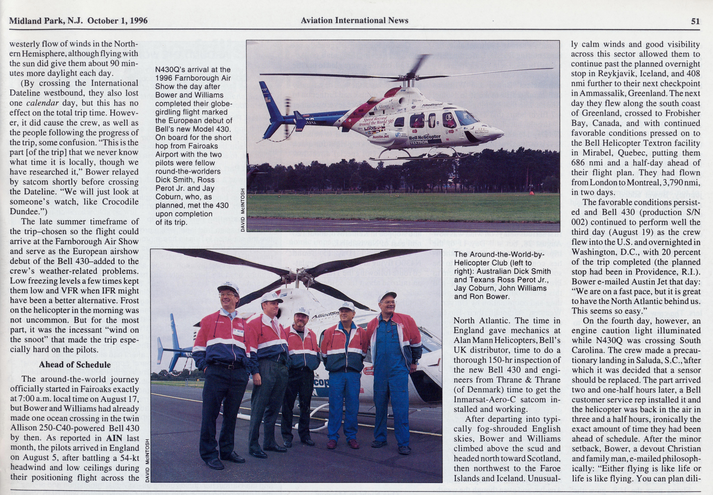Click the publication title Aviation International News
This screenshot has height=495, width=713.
[x=354, y=20]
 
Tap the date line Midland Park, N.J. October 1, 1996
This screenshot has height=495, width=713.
[x=78, y=21]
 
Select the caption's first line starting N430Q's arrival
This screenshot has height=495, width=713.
[x=193, y=69]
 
